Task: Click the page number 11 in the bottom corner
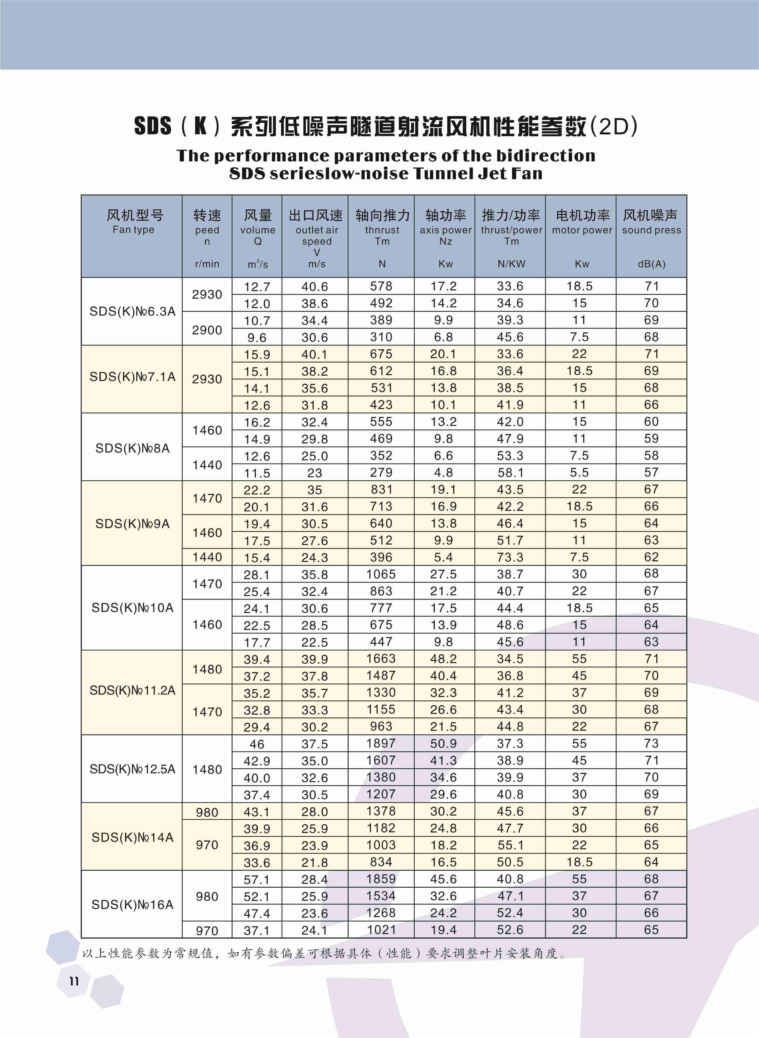click(74, 981)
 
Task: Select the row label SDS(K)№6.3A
click(132, 311)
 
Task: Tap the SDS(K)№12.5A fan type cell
click(132, 769)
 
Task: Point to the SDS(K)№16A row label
click(132, 905)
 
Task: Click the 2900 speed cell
click(207, 330)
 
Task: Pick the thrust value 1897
click(381, 743)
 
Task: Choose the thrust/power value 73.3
click(510, 557)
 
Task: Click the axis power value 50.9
click(443, 743)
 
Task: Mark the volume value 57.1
click(257, 879)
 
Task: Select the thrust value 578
click(381, 286)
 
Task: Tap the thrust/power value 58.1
click(510, 472)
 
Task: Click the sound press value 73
click(651, 743)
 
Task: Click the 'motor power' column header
click(582, 230)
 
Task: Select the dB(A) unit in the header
click(651, 264)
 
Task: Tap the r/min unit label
click(207, 264)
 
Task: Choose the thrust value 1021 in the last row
click(381, 930)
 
